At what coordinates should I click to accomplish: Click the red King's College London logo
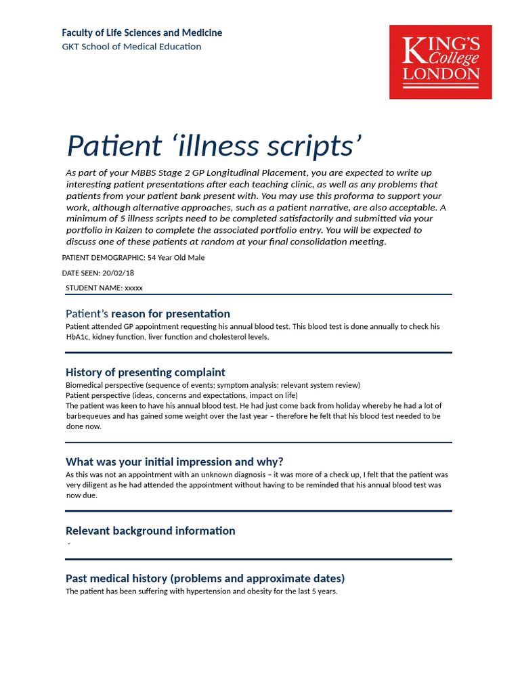440,62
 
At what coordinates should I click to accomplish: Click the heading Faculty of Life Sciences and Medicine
142,32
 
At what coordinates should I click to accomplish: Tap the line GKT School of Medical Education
131,47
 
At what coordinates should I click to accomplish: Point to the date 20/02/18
118,273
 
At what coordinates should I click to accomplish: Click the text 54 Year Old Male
176,258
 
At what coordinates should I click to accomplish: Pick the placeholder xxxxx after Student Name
134,288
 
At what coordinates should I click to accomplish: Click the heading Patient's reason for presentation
148,314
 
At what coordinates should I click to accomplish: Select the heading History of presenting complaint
145,372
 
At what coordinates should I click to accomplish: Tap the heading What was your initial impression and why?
174,462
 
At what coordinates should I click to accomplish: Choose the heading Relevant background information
150,531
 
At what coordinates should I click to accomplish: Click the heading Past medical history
204,578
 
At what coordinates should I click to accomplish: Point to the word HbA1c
77,337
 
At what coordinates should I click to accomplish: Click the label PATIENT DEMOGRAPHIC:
103,258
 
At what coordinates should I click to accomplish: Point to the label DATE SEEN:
81,273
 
